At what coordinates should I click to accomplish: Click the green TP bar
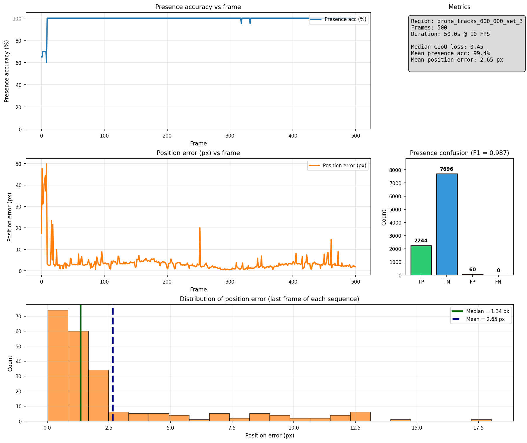click(x=421, y=260)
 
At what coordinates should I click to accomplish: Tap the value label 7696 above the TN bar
click(x=447, y=169)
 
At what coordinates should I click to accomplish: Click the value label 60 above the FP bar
click(x=472, y=270)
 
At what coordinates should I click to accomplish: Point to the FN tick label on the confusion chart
click(x=498, y=282)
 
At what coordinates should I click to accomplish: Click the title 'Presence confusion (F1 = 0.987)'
click(x=459, y=153)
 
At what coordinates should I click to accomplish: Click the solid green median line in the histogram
click(x=80, y=365)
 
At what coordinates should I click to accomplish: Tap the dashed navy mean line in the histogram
click(x=112, y=365)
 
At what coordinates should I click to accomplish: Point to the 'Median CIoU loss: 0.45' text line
click(x=447, y=47)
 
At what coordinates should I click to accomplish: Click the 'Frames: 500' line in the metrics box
click(x=429, y=28)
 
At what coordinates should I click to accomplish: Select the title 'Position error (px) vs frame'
click(x=198, y=153)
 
